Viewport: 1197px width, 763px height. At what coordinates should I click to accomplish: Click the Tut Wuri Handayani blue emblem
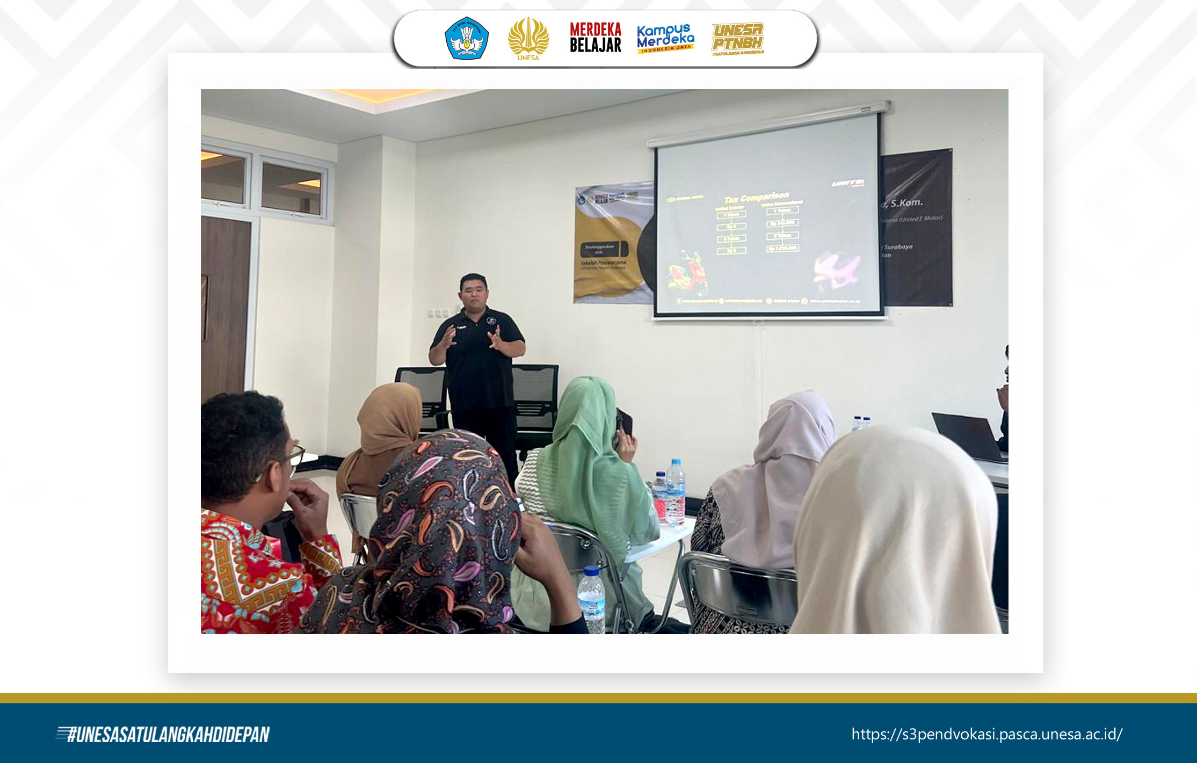pyautogui.click(x=466, y=38)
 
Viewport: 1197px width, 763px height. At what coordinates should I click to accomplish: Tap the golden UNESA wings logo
pyautogui.click(x=528, y=38)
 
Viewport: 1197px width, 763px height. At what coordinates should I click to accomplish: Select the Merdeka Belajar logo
pyautogui.click(x=595, y=38)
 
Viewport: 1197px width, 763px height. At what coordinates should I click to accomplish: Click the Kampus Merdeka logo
pyautogui.click(x=665, y=38)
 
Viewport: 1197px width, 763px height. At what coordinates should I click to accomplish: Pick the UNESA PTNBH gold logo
pyautogui.click(x=737, y=38)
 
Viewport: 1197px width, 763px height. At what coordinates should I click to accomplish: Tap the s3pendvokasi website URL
pyautogui.click(x=986, y=734)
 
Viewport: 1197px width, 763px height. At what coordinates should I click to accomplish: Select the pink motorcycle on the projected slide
pyautogui.click(x=837, y=268)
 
